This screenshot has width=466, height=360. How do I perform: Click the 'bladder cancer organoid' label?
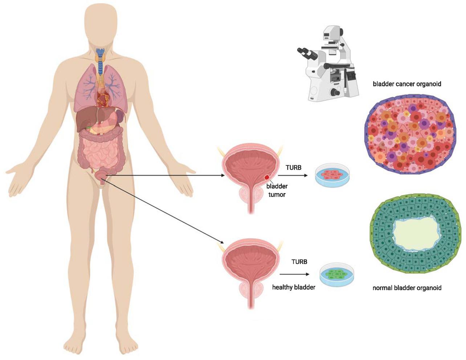coord(407,84)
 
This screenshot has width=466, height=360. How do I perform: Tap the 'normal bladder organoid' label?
coord(407,288)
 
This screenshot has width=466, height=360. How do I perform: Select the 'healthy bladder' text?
coord(294,287)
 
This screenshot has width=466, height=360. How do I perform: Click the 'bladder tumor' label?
coord(277,191)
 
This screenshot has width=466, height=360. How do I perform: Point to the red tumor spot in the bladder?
coord(267,177)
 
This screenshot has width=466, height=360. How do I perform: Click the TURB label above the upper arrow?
coord(293,168)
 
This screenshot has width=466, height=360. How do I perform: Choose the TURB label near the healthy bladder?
coord(299,262)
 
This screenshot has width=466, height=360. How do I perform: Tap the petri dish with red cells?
coord(332,175)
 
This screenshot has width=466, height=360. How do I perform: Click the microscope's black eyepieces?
coord(307,54)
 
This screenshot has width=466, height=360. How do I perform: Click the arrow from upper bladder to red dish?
coord(293,175)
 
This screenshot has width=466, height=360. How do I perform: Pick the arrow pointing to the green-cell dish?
coord(294,274)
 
